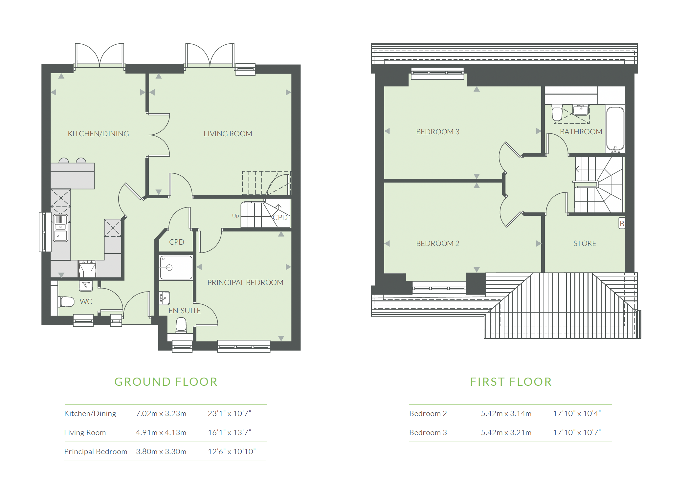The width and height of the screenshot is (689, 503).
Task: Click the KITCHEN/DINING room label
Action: click(98, 134)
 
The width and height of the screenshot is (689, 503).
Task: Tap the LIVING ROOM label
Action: click(228, 134)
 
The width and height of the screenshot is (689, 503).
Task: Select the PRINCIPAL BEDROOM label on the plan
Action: click(245, 282)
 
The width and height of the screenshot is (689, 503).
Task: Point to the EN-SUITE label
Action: click(185, 311)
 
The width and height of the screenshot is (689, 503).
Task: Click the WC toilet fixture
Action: click(67, 301)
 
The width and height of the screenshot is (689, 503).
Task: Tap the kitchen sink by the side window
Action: click(61, 228)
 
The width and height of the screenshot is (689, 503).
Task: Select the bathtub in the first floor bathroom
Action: click(615, 129)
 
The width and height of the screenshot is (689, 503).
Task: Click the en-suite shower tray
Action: click(176, 268)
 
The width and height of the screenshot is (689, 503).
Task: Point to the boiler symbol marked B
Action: click(622, 223)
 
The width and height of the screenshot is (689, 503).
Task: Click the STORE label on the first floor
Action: click(585, 243)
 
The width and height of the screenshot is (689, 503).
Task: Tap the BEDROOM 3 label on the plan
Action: click(437, 132)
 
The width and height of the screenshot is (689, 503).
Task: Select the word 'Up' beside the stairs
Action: click(235, 216)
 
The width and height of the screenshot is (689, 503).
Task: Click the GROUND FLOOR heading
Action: click(166, 382)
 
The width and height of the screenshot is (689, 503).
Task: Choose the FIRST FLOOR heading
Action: click(511, 382)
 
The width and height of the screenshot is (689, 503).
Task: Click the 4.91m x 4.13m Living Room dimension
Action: click(161, 432)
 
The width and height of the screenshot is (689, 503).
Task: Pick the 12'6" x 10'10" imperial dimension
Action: click(232, 451)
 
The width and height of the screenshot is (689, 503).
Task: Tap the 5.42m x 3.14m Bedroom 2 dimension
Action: click(506, 413)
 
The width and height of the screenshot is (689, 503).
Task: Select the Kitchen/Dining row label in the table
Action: click(90, 413)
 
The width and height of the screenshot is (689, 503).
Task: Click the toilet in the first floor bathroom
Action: click(557, 113)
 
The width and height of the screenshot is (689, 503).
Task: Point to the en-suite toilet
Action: click(181, 325)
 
